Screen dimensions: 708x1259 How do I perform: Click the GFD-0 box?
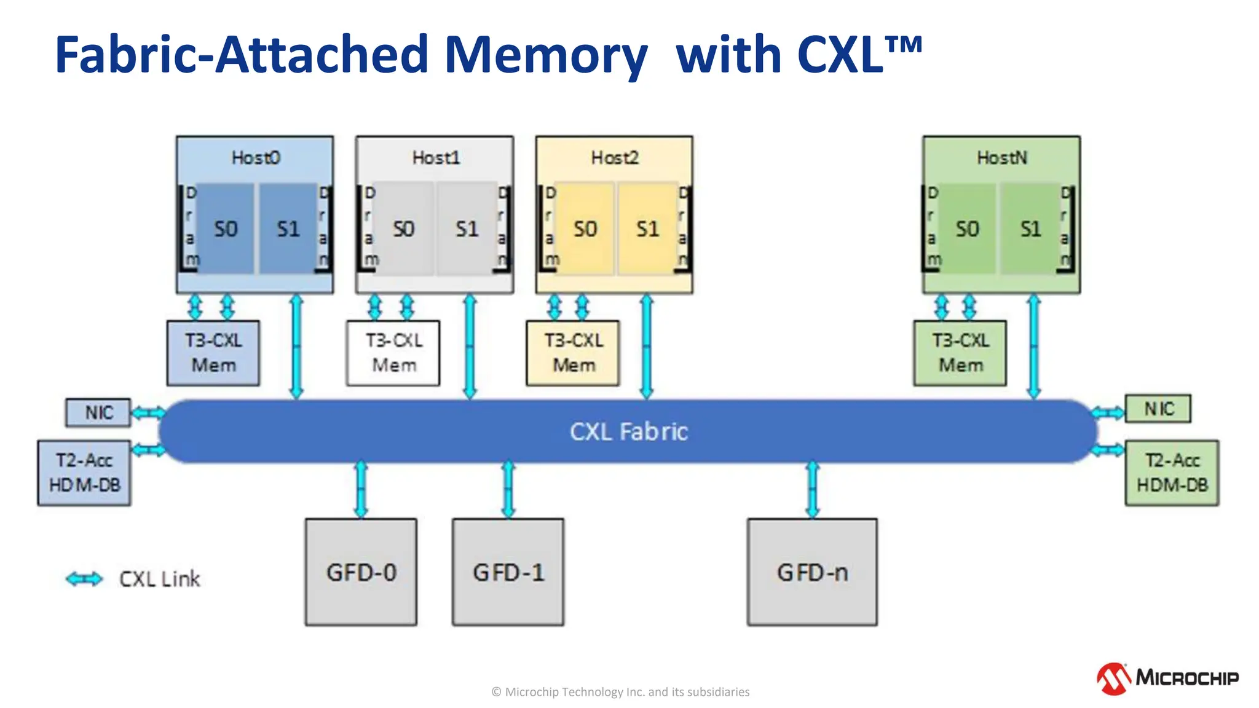click(x=361, y=572)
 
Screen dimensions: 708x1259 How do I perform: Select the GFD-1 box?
click(x=508, y=572)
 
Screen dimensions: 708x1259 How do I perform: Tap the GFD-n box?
click(x=812, y=572)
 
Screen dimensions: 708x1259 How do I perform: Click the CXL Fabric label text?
click(x=628, y=431)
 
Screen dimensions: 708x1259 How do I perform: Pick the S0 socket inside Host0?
click(x=226, y=229)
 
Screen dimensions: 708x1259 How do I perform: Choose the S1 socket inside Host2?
click(x=647, y=229)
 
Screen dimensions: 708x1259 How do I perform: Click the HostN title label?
click(x=1001, y=158)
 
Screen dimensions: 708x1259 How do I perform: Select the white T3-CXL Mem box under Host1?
click(x=393, y=353)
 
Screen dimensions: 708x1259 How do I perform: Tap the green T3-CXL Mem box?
click(x=960, y=353)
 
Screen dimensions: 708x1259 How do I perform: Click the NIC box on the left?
click(x=98, y=412)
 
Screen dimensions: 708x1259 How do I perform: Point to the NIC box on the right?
click(x=1158, y=409)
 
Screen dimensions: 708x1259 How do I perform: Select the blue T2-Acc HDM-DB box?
click(x=84, y=473)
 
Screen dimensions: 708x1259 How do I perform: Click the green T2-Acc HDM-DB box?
click(x=1172, y=473)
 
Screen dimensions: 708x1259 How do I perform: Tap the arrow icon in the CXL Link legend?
click(x=84, y=578)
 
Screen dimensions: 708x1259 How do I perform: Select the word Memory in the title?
click(x=545, y=55)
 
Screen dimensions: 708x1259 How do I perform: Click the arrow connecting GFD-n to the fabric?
click(x=812, y=490)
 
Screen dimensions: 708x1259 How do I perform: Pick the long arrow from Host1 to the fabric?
click(x=470, y=347)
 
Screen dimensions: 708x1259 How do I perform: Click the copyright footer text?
click(x=620, y=692)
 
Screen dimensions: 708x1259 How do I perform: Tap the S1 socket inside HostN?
click(x=1030, y=229)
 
